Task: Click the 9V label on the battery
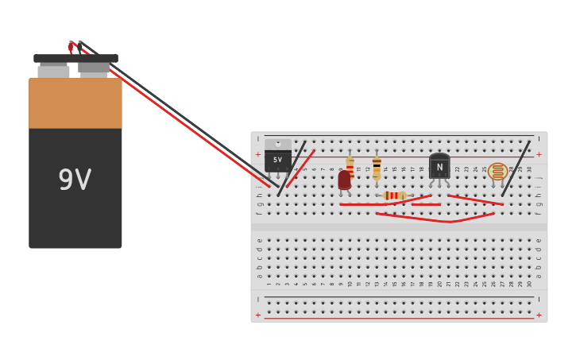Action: click(x=75, y=180)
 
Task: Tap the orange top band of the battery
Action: click(x=75, y=103)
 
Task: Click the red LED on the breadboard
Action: click(x=344, y=180)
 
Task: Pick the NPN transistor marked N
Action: click(x=439, y=166)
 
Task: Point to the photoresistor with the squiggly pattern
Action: click(x=498, y=171)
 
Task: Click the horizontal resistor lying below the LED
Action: click(x=394, y=195)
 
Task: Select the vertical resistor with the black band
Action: click(x=377, y=168)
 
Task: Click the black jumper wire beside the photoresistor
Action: click(x=516, y=168)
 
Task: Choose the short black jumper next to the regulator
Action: click(x=292, y=168)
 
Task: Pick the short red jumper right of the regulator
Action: click(x=301, y=168)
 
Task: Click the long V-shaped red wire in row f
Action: click(x=435, y=218)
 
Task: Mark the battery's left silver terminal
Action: click(x=53, y=72)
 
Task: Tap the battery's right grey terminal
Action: click(x=94, y=68)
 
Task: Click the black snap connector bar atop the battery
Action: click(x=75, y=58)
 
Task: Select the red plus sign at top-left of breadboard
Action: click(x=257, y=154)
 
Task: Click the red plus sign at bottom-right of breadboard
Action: click(x=539, y=315)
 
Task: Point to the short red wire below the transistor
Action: click(x=426, y=204)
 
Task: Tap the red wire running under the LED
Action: click(x=362, y=204)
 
